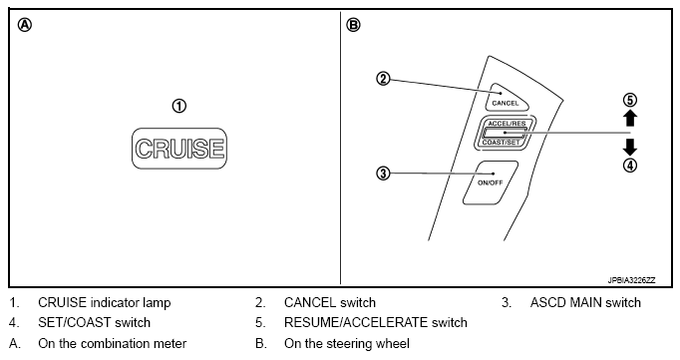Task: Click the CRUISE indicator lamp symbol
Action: pyautogui.click(x=179, y=149)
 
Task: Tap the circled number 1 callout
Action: pyautogui.click(x=179, y=107)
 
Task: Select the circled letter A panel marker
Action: pyautogui.click(x=25, y=25)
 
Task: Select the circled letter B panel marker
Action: pyautogui.click(x=353, y=25)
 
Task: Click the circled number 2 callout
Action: pyautogui.click(x=383, y=79)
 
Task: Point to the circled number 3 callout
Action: pyautogui.click(x=383, y=174)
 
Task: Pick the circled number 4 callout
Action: pyautogui.click(x=630, y=166)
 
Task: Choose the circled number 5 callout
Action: pyautogui.click(x=630, y=100)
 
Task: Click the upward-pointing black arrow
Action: pyautogui.click(x=630, y=118)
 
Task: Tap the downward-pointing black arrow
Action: pyautogui.click(x=630, y=147)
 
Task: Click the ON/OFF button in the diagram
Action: pyautogui.click(x=490, y=182)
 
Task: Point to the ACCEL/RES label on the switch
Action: pyautogui.click(x=507, y=124)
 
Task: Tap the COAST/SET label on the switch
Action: pyautogui.click(x=501, y=143)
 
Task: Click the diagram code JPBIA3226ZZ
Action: pyautogui.click(x=631, y=280)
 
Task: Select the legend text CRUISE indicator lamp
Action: pyautogui.click(x=105, y=303)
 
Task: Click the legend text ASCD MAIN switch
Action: pyautogui.click(x=585, y=302)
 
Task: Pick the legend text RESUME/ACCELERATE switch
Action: pyautogui.click(x=376, y=323)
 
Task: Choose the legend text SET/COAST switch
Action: pyautogui.click(x=94, y=323)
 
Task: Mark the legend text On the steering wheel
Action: pyautogui.click(x=347, y=343)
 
